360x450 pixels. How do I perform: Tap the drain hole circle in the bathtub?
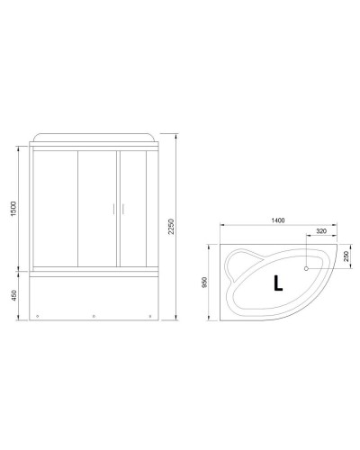coord(307,268)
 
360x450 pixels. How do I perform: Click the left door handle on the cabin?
coord(112,209)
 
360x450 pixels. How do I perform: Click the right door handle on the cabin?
coord(116,209)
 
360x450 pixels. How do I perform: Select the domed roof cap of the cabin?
coord(94,136)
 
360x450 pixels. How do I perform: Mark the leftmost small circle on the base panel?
coord(39,316)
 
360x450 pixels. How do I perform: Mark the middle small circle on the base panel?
coord(94,316)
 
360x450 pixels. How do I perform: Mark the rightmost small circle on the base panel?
coord(149,316)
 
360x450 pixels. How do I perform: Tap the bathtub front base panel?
coord(94,297)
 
